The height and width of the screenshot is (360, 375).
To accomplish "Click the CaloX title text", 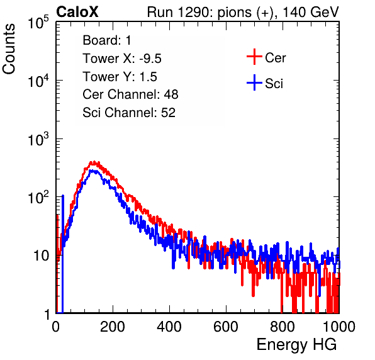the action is (x=77, y=12).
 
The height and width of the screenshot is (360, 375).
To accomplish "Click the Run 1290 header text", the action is (x=243, y=12).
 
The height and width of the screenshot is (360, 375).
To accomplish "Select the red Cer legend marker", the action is (x=254, y=57).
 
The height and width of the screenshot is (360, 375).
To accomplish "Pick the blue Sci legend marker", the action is (x=254, y=82).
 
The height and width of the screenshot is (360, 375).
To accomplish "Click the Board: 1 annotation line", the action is (x=107, y=40).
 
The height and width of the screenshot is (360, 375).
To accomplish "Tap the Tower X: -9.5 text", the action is (x=122, y=59).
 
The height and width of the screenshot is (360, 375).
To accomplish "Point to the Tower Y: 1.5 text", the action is (x=120, y=77).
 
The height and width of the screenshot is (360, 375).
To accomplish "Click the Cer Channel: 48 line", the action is (x=130, y=94).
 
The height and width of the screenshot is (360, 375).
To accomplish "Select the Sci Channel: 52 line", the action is (x=129, y=113).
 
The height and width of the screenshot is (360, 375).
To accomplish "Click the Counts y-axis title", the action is (x=9, y=49).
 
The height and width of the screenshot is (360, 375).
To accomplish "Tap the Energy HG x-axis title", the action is (x=296, y=345).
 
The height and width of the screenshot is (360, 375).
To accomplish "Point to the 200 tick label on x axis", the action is (x=113, y=327).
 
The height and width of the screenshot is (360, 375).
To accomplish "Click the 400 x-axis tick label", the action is (x=169, y=327).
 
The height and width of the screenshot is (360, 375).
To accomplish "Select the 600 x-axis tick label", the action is (x=226, y=327).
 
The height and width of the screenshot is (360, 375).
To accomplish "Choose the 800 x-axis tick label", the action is (x=283, y=327).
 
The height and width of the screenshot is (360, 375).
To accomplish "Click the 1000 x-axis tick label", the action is (x=339, y=327).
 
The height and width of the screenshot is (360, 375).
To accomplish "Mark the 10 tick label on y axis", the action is (x=42, y=256).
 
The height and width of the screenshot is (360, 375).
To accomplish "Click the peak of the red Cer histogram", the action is (x=94, y=162).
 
